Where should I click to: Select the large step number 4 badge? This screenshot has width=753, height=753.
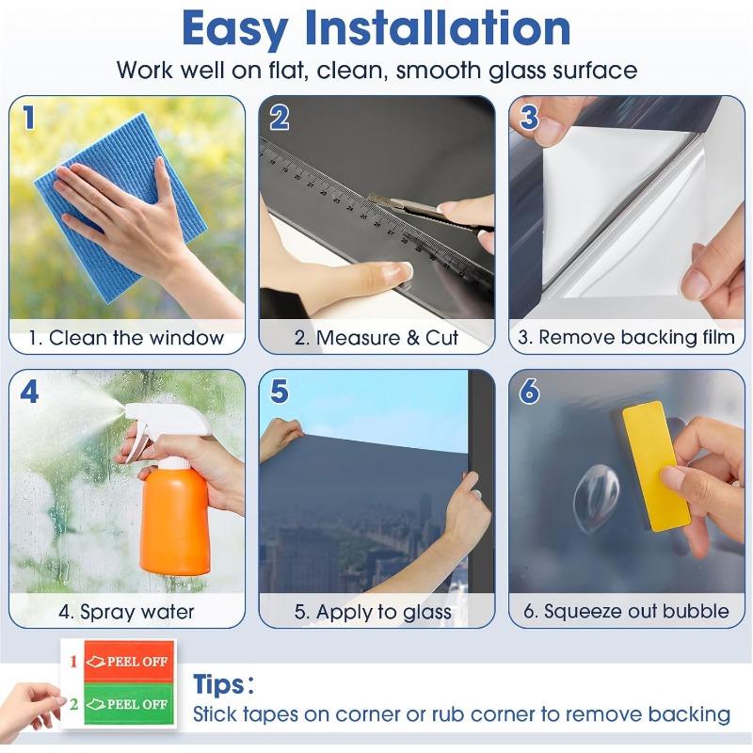(x=29, y=392)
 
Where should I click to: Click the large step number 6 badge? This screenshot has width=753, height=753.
(x=530, y=392)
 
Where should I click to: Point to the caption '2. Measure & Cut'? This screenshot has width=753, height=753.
(x=376, y=338)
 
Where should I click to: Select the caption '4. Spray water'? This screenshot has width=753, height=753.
(x=126, y=612)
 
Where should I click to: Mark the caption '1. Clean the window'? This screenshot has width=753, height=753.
(x=126, y=338)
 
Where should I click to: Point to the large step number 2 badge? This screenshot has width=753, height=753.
(x=280, y=118)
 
